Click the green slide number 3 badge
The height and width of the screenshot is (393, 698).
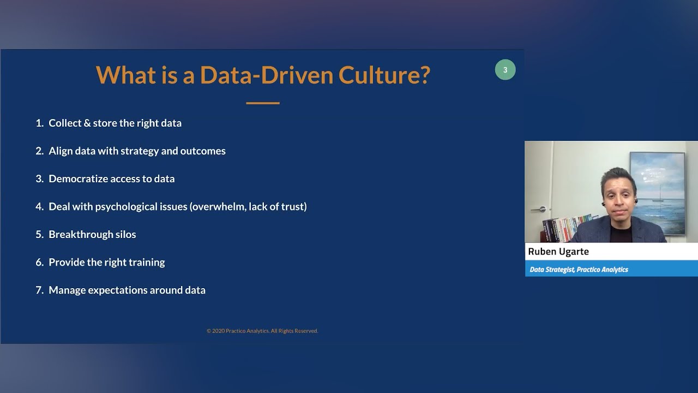point(505,70)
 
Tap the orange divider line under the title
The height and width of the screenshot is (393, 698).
point(262,103)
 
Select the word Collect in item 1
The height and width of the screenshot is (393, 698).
point(65,123)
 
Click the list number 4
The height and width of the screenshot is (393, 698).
point(39,207)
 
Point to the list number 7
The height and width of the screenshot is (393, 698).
point(39,290)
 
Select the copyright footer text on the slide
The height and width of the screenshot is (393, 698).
point(262,331)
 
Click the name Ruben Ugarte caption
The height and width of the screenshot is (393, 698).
point(558,252)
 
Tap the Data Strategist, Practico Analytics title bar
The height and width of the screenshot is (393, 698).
point(579,270)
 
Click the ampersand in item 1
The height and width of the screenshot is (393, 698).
point(87,123)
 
